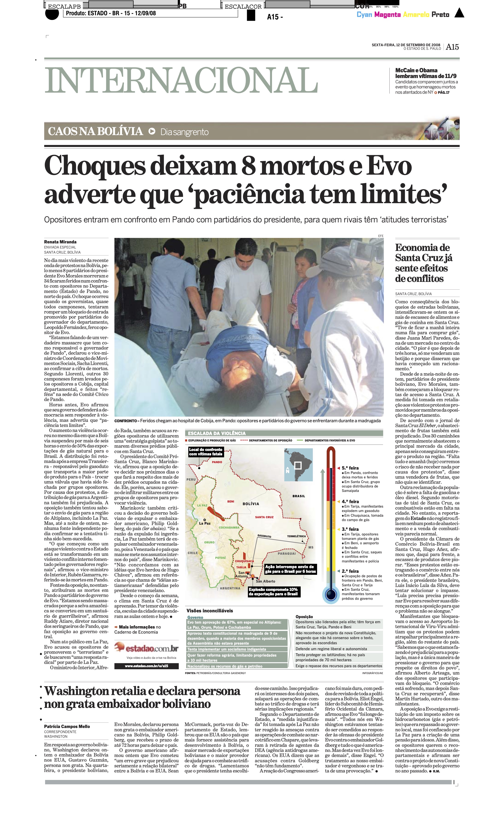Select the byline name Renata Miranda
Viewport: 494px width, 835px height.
tap(60, 242)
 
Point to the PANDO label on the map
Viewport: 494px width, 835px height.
tap(217, 462)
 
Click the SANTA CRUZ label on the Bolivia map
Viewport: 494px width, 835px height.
tap(264, 517)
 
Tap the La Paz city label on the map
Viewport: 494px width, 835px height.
tap(205, 523)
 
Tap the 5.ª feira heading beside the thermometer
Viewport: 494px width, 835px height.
tap(350, 468)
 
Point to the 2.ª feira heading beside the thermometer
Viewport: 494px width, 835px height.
tap(350, 571)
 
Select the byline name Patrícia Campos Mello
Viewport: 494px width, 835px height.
tap(67, 726)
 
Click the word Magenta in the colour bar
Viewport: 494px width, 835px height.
tap(387, 15)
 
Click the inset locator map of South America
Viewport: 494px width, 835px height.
tap(298, 465)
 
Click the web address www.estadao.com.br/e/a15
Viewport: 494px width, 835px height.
tap(146, 666)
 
